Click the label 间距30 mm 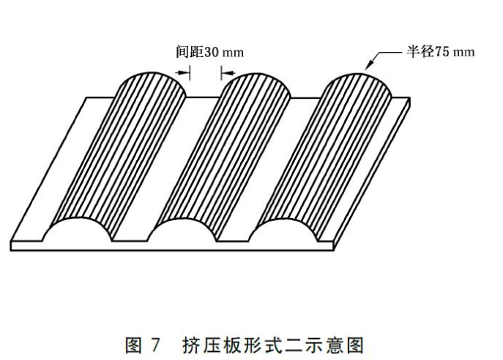pos(209,53)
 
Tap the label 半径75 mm pos(440,52)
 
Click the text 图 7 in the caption pos(144,341)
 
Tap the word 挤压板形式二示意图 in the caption pos(279,341)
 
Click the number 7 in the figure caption pos(157,341)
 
